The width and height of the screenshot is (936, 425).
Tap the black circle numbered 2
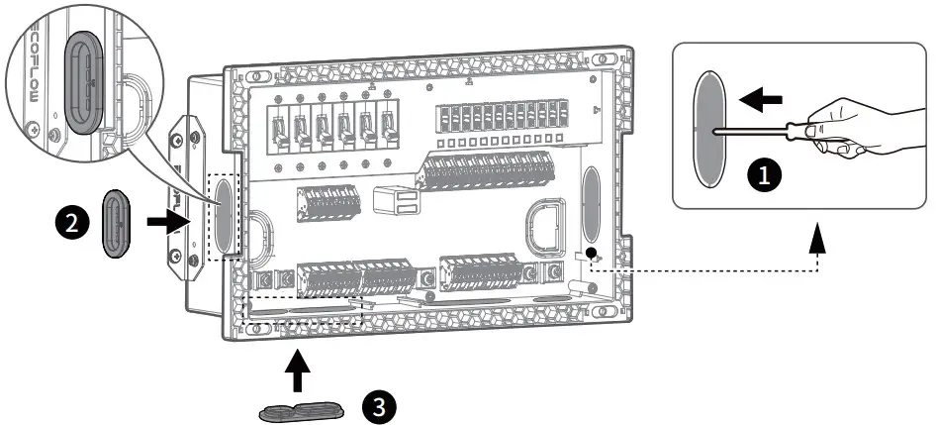click(69, 223)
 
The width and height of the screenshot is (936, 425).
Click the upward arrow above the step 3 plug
click(298, 372)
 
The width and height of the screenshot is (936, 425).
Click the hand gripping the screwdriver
click(860, 124)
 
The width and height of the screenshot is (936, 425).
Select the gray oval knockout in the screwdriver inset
click(708, 128)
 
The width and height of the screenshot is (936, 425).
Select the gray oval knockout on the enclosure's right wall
click(590, 194)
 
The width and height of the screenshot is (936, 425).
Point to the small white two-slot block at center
click(398, 201)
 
